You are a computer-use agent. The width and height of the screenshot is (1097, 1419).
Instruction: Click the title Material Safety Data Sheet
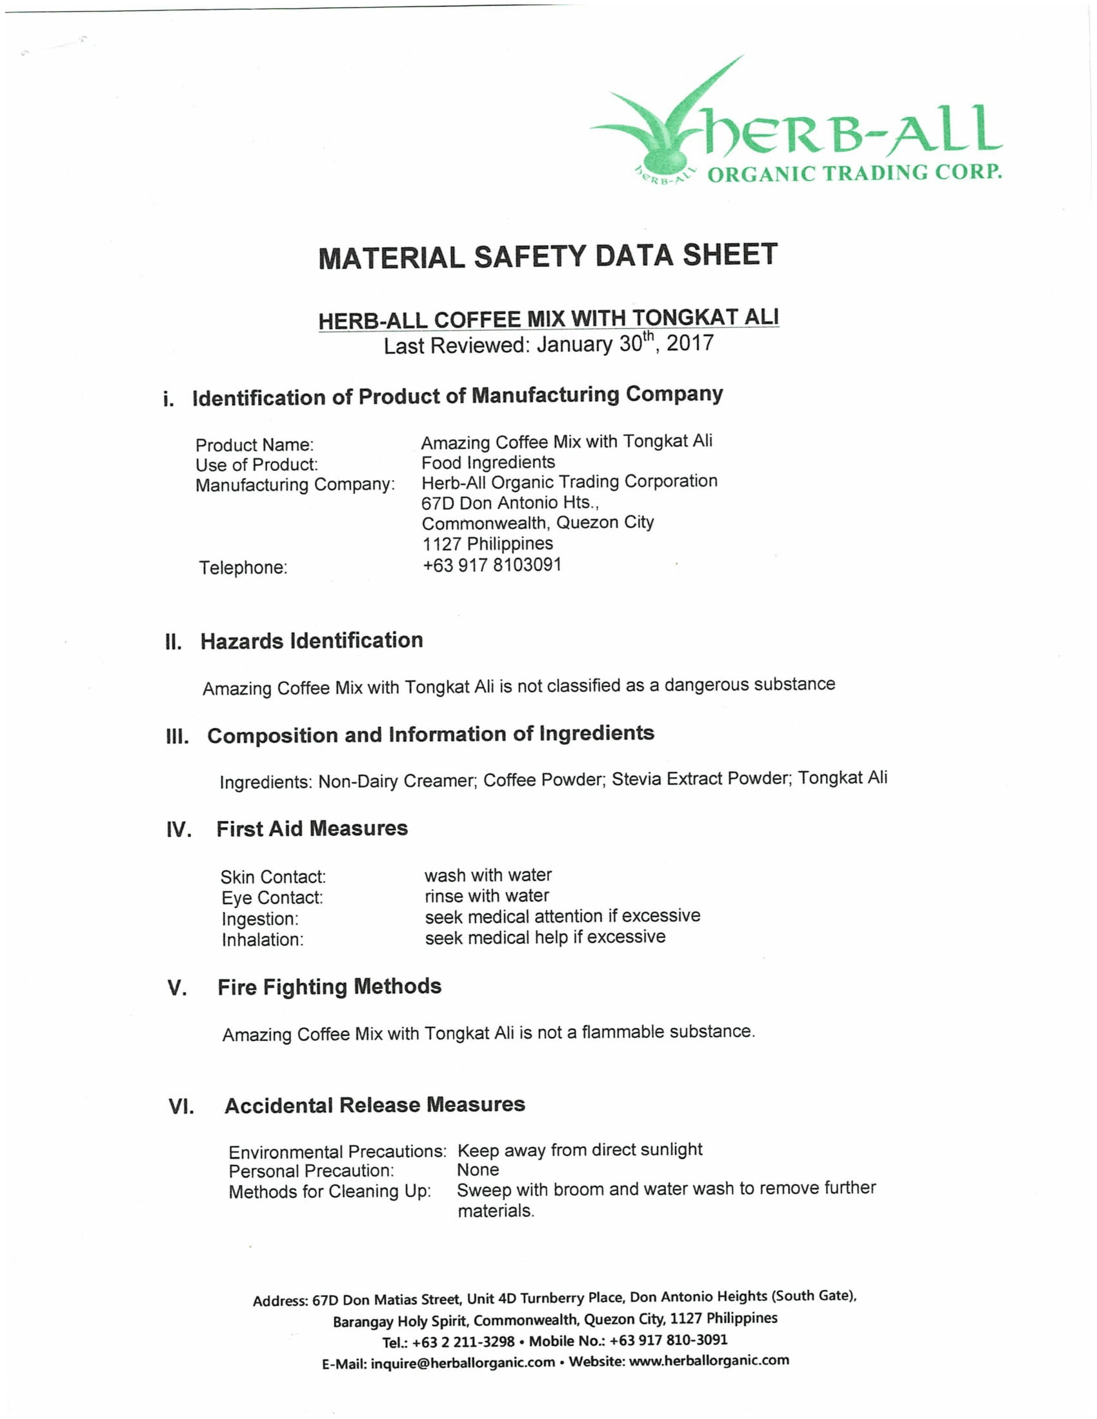(547, 256)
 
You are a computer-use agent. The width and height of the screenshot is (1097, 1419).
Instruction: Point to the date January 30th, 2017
(625, 343)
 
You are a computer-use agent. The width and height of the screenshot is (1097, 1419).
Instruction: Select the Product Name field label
(254, 445)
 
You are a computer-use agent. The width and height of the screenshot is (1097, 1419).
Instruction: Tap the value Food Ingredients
(488, 462)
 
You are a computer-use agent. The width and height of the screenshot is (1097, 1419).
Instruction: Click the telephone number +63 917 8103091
(492, 565)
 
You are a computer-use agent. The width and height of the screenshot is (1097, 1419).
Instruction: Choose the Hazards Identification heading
(311, 640)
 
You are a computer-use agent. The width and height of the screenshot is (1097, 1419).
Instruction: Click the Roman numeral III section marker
(177, 737)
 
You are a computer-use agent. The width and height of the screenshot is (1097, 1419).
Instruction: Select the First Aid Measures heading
(312, 828)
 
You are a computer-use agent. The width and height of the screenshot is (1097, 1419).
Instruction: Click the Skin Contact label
(273, 877)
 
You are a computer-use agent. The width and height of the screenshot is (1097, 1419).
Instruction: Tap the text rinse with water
(487, 896)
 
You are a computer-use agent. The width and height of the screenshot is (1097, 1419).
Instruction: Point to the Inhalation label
(263, 940)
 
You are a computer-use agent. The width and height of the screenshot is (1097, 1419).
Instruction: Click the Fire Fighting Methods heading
(330, 987)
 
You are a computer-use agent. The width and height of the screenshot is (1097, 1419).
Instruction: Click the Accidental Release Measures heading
(374, 1104)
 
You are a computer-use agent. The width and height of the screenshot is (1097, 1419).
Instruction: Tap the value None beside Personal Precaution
(478, 1170)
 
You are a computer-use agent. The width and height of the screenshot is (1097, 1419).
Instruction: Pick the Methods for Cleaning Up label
(330, 1191)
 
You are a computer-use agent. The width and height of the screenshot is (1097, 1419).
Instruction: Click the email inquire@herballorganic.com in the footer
(463, 1362)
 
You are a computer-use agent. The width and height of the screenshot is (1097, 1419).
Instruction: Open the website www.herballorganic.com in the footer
(709, 1360)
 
